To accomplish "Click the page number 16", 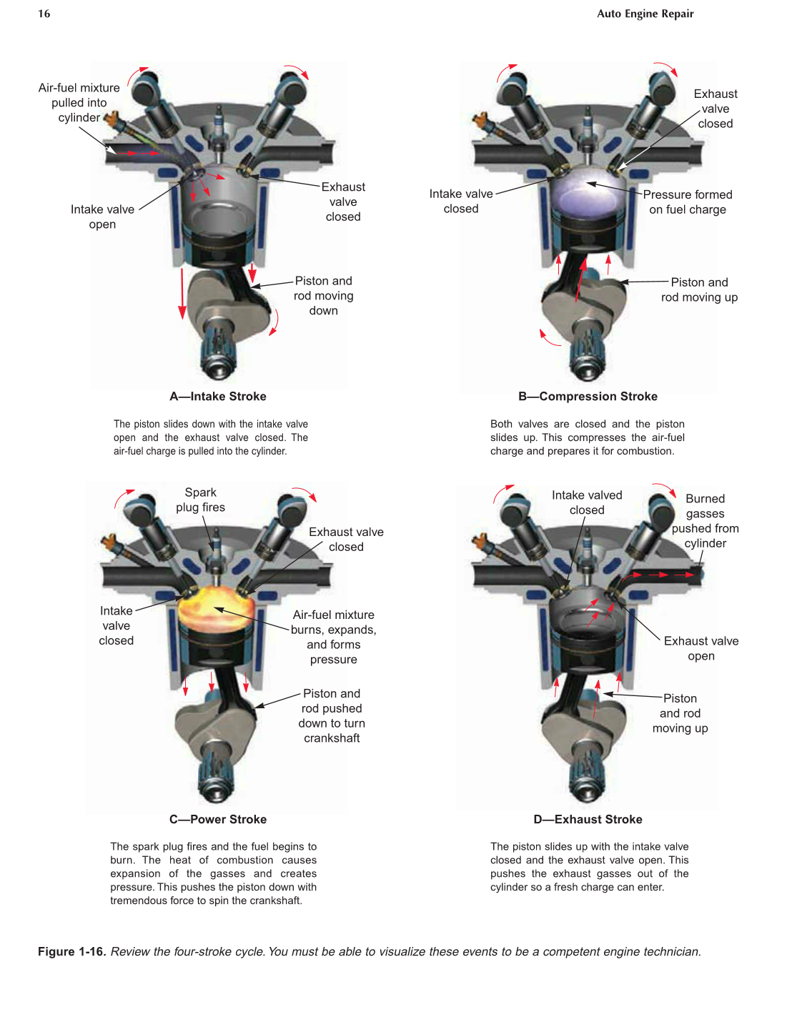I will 44,14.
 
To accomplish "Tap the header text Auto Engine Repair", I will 645,14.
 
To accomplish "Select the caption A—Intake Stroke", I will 218,397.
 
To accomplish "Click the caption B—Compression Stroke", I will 588,397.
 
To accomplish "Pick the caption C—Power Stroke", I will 218,820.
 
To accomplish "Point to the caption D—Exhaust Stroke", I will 588,820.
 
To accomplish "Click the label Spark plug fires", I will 201,500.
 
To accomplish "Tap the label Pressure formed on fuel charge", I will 688,202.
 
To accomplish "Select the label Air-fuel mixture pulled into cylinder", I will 79,103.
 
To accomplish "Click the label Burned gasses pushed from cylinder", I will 706,521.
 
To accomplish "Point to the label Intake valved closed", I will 587,502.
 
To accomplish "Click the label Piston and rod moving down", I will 324,296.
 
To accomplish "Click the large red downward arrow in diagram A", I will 183,293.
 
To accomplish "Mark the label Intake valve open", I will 102,217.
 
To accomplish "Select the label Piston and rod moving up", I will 699,290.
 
